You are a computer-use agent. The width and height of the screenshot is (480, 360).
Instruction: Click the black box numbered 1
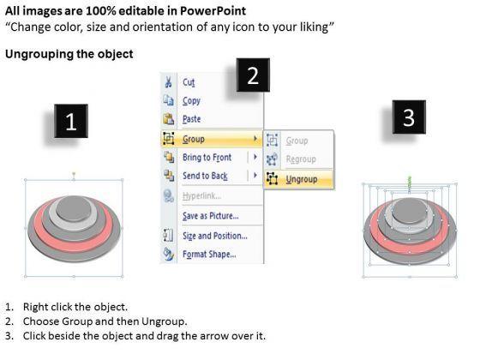(x=71, y=121)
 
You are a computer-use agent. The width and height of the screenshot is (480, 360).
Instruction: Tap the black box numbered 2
(x=253, y=75)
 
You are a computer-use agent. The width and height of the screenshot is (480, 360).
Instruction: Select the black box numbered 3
(x=409, y=117)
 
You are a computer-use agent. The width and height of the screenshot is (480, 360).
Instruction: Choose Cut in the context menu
(x=189, y=82)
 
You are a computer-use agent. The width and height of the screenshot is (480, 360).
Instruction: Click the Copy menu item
(x=191, y=101)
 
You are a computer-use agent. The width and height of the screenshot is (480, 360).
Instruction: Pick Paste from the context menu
(x=192, y=119)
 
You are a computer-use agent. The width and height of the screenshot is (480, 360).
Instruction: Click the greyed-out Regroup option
(x=301, y=159)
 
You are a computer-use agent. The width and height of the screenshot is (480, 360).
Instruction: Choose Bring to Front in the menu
(x=207, y=158)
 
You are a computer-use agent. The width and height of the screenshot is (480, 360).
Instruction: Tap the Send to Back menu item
(x=205, y=176)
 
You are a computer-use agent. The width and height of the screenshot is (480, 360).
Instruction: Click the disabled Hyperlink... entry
(x=201, y=196)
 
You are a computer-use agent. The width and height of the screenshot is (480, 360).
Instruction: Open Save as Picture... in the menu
(x=211, y=216)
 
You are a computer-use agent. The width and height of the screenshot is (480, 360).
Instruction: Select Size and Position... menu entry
(x=215, y=236)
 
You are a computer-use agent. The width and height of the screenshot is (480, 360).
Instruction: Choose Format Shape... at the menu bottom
(x=209, y=254)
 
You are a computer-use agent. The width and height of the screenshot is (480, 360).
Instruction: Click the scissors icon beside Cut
(x=168, y=82)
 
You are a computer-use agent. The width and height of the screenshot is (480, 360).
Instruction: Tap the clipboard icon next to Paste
(x=168, y=118)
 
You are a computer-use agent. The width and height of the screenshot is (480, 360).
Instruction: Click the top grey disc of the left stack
(x=74, y=207)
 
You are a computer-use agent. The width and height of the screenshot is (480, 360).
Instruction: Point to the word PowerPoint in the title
(x=213, y=11)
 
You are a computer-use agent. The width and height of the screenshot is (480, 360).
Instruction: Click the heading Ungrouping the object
(x=69, y=54)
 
